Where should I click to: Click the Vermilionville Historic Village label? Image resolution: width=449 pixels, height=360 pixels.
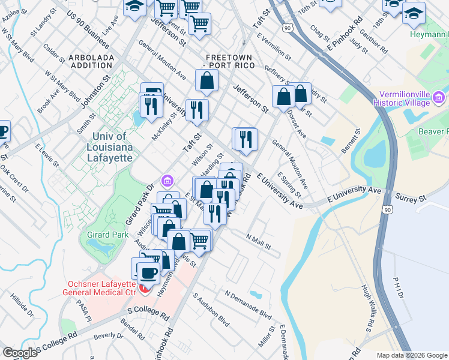(x=404, y=99)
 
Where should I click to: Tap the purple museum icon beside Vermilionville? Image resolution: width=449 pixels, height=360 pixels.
(x=439, y=97)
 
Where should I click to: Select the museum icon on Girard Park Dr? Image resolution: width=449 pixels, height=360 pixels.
(x=167, y=181)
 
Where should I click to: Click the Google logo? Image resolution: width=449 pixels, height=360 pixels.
(x=20, y=352)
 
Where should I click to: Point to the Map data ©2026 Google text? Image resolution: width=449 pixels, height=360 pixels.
(x=412, y=355)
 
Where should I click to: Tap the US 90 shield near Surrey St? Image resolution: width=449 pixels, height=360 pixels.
(x=389, y=209)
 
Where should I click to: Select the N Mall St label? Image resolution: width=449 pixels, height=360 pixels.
(x=259, y=242)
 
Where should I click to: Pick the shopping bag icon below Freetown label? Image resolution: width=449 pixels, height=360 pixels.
(x=206, y=80)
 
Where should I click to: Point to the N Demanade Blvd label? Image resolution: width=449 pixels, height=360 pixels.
(x=249, y=304)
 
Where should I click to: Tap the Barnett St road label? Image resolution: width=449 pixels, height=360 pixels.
(x=350, y=141)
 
